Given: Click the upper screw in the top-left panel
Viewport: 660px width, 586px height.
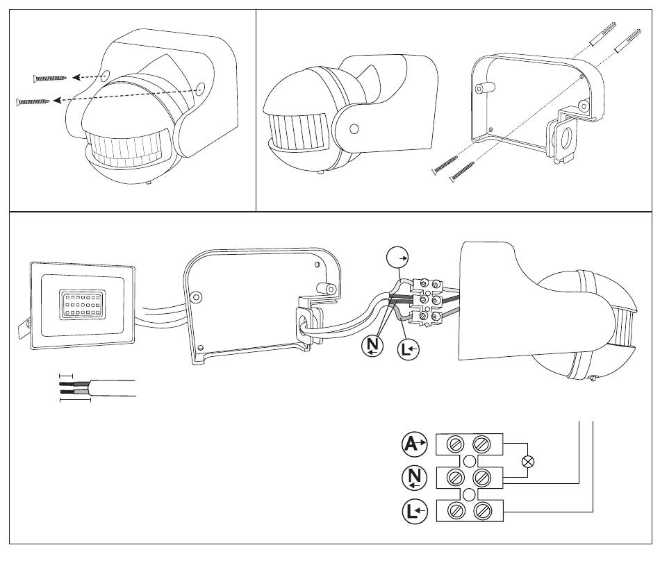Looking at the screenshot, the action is (49, 78).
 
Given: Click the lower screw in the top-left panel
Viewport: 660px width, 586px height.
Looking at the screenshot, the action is (33, 101).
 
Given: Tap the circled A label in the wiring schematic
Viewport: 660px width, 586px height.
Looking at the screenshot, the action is (414, 444).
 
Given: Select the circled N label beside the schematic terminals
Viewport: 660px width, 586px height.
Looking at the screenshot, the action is (415, 478).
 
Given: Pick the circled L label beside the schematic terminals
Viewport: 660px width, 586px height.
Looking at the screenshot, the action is (415, 511).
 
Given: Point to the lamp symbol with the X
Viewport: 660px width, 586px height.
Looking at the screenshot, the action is (527, 462).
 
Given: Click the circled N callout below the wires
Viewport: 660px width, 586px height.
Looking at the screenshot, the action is (372, 346).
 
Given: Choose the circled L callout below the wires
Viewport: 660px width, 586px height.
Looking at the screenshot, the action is (408, 349).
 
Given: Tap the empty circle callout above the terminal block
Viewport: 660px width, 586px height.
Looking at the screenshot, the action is (397, 258).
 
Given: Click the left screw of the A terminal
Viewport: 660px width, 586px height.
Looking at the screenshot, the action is (456, 444).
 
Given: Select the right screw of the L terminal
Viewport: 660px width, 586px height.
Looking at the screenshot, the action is (481, 511).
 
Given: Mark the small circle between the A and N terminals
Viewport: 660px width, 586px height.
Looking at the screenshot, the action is (470, 461).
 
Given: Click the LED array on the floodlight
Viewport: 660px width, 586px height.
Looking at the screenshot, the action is (82, 303).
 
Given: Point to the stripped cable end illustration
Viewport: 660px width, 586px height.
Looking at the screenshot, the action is (97, 388).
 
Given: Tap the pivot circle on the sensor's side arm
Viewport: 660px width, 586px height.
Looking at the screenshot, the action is (354, 128).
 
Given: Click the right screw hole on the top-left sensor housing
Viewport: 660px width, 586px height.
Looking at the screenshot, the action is (200, 88).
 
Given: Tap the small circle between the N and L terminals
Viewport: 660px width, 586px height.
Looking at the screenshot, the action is (470, 495).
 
